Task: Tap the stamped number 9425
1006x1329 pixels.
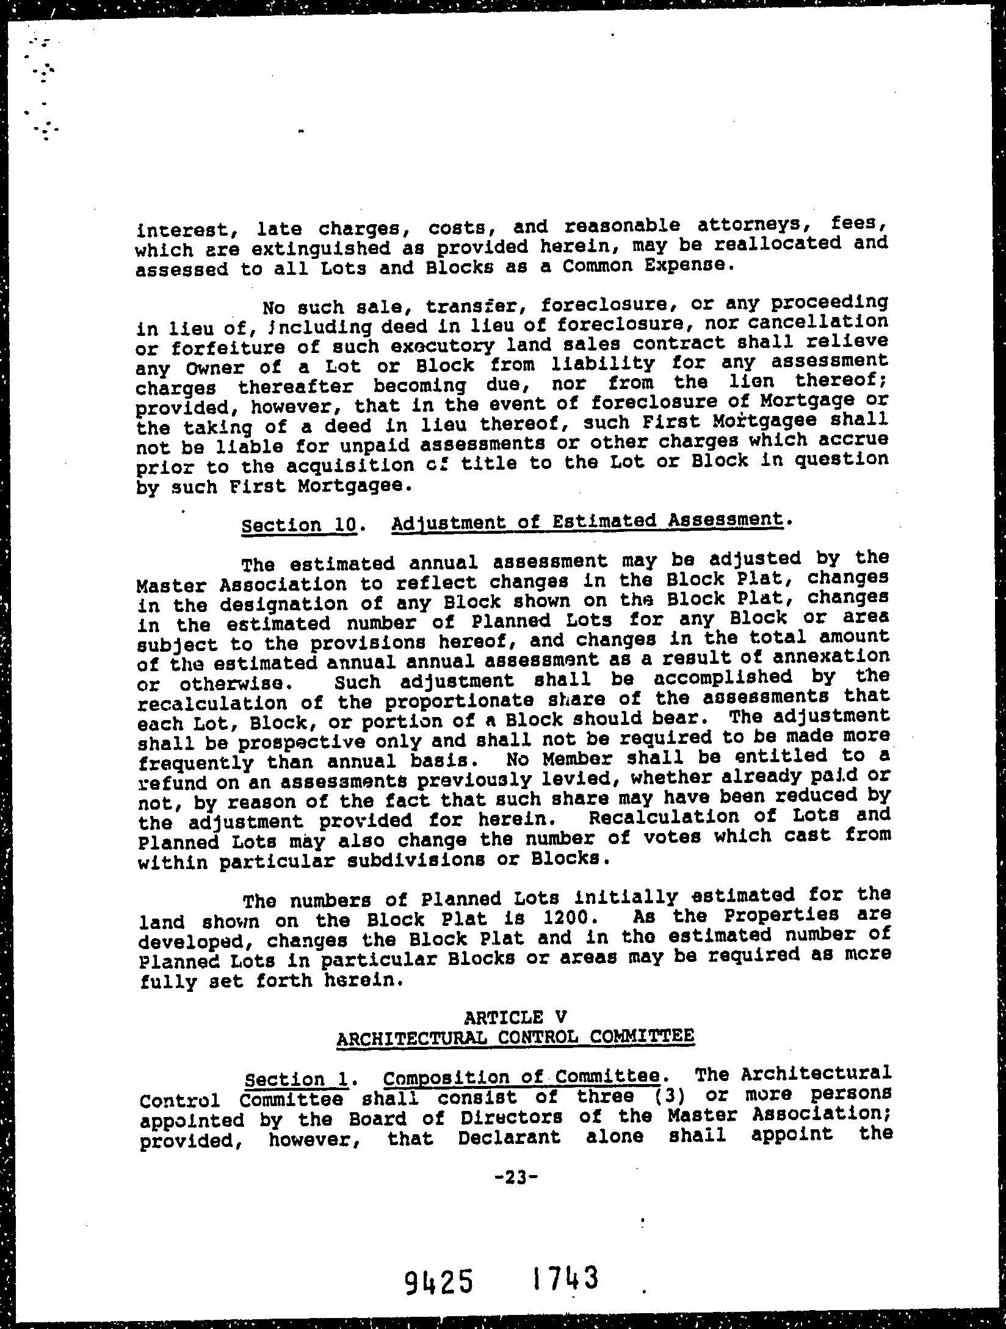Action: [x=438, y=1279]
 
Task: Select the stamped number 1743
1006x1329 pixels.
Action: [x=565, y=1275]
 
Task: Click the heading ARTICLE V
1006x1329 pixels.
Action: [x=515, y=1017]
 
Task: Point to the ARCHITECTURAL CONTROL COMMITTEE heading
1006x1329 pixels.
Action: [x=515, y=1037]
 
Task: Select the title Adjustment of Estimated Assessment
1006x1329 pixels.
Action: [x=587, y=521]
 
